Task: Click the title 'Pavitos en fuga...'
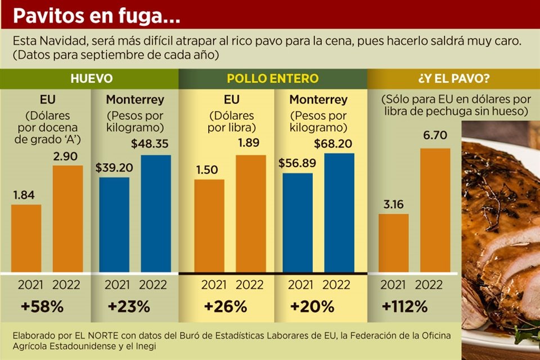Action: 96,15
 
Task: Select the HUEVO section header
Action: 92,79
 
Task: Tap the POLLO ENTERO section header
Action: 273,79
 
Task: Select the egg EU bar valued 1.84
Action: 26,238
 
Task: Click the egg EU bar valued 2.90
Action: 67,219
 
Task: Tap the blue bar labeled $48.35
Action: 156,214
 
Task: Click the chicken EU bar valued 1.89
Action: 251,214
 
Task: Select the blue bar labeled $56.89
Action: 298,223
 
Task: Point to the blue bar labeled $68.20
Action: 339,213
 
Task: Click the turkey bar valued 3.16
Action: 394,244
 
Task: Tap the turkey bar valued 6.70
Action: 435,211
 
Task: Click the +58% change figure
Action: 42,307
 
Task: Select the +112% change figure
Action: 404,307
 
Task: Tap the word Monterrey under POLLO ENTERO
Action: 318,100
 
